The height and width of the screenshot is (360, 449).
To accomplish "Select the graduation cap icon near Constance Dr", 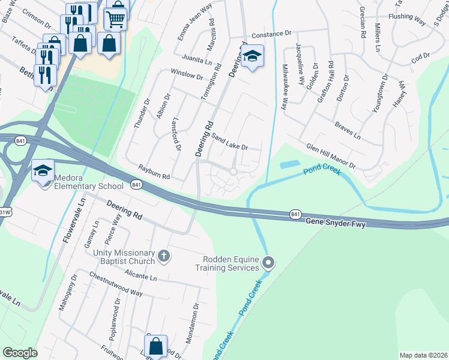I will coord(253,56).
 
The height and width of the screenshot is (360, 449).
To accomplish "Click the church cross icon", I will coord(163,257).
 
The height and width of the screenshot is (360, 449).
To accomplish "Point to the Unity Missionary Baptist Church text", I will coord(119,257).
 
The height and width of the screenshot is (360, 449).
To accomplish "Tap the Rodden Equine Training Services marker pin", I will coord(268,262).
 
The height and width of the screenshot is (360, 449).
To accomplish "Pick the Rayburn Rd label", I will coord(154,173).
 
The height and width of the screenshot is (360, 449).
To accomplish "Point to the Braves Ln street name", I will coord(348,132).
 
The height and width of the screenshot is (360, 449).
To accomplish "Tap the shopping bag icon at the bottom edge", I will coord(156,346).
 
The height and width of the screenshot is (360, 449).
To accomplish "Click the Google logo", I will coord(20,353).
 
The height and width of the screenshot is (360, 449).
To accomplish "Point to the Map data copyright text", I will coord(423,355).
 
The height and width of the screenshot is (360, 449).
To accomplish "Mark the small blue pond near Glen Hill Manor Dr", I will coord(290,164).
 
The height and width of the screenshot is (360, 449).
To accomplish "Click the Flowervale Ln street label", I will coord(74,221).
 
